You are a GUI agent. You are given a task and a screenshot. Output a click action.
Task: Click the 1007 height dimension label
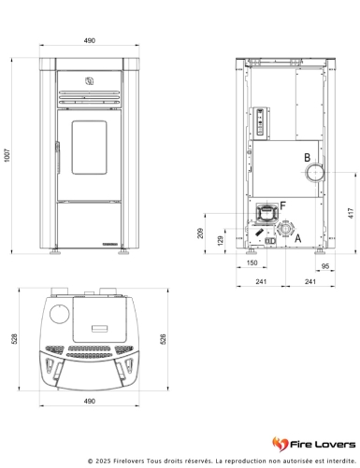pos(7,155)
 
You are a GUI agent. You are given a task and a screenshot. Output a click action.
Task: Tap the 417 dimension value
pos(351,213)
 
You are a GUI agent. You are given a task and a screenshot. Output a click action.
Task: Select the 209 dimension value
pos(200,233)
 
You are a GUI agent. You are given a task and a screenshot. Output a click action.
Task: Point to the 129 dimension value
pos(221,240)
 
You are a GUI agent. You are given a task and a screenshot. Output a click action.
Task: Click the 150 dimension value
pos(252,262)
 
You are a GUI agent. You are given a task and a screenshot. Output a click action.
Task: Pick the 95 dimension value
pos(325,266)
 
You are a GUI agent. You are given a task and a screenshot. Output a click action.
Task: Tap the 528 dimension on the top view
pos(14,339)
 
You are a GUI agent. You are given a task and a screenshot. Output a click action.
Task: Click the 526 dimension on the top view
pos(163,339)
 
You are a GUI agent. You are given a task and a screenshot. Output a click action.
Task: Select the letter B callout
pos(308,158)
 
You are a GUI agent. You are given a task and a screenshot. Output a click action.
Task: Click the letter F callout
pos(282,206)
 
